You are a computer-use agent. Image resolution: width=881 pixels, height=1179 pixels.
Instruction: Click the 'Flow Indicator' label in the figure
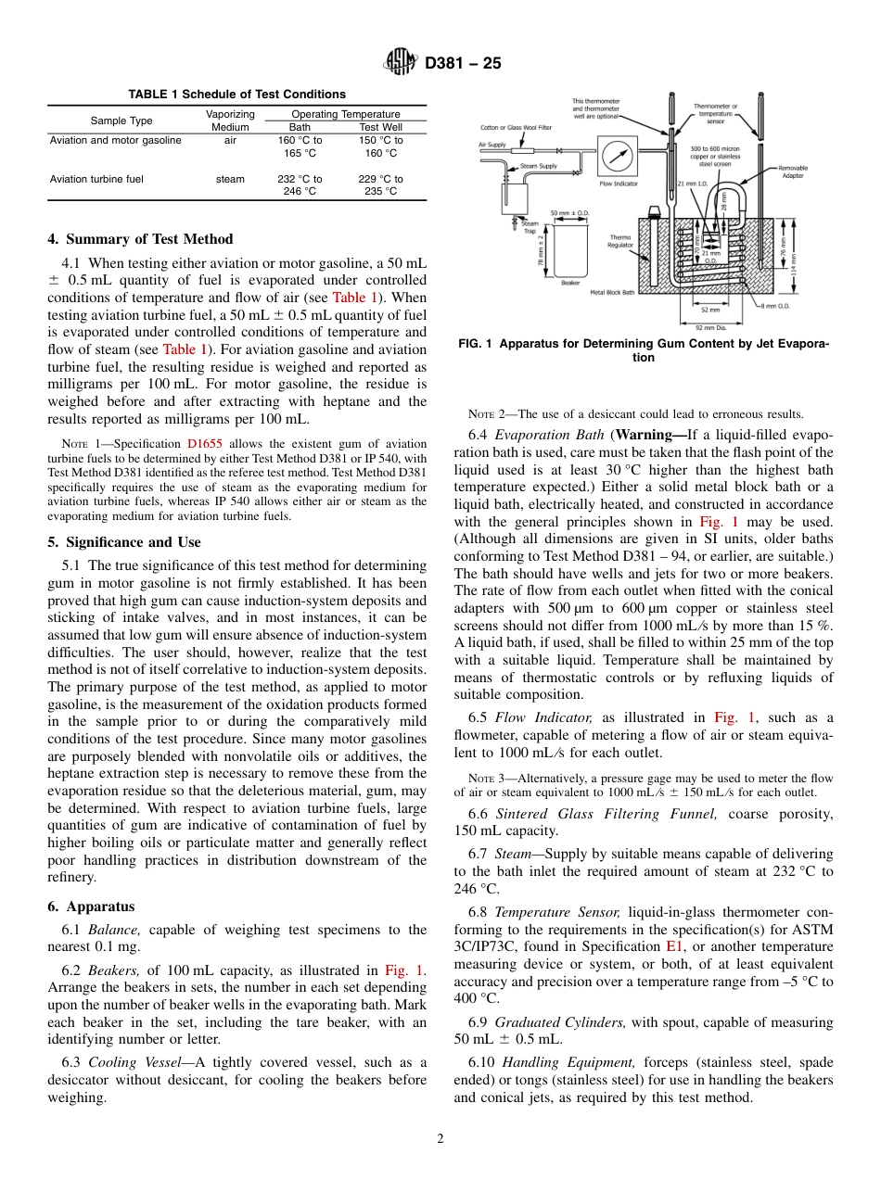(x=619, y=184)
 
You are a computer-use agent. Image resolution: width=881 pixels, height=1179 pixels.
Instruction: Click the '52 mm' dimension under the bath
(x=710, y=310)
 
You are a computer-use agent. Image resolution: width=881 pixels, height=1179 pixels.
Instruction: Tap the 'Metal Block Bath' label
(x=613, y=292)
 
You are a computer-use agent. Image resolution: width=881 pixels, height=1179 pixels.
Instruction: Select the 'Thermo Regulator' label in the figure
(x=620, y=241)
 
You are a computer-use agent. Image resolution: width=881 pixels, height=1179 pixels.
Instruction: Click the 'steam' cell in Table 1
(x=230, y=179)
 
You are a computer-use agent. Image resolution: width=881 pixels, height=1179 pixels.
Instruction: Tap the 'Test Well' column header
(x=380, y=127)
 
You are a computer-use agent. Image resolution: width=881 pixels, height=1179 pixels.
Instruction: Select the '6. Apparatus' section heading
(x=91, y=906)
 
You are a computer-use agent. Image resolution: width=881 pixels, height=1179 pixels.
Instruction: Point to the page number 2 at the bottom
(x=440, y=1139)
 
